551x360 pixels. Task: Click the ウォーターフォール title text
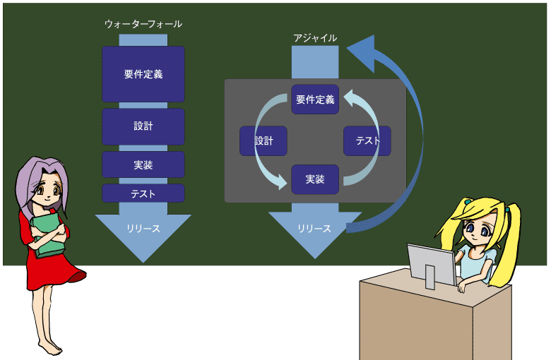pyautogui.click(x=143, y=24)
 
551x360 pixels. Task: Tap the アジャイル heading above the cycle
pyautogui.click(x=315, y=38)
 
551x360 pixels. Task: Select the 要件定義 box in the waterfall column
pyautogui.click(x=143, y=74)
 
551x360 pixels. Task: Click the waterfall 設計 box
pyautogui.click(x=143, y=126)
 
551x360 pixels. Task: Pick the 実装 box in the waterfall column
pyautogui.click(x=143, y=164)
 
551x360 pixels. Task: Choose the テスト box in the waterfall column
pyautogui.click(x=143, y=193)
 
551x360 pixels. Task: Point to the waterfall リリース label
pyautogui.click(x=143, y=229)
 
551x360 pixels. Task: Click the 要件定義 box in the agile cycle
pyautogui.click(x=315, y=100)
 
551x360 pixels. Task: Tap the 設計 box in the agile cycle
pyautogui.click(x=263, y=141)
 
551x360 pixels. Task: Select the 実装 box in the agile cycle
pyautogui.click(x=315, y=179)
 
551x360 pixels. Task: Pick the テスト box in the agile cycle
pyautogui.click(x=367, y=141)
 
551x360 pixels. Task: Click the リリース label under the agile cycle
pyautogui.click(x=314, y=229)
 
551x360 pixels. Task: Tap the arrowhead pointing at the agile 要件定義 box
pyautogui.click(x=351, y=98)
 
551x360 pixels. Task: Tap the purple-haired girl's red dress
pyautogui.click(x=49, y=267)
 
